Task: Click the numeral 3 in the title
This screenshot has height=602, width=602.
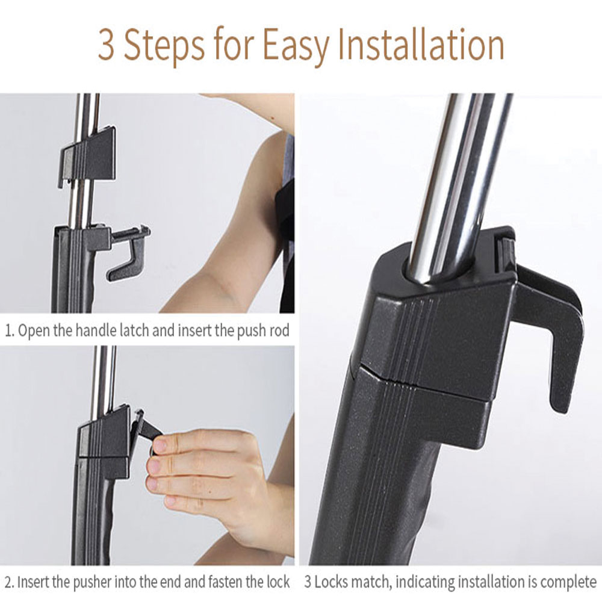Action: point(107,45)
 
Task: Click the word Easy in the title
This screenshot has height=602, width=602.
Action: point(296,48)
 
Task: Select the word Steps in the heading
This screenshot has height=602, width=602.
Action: point(164,47)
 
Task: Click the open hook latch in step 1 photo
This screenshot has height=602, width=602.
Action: point(128,252)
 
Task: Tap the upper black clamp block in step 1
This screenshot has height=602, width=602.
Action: point(87,155)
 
